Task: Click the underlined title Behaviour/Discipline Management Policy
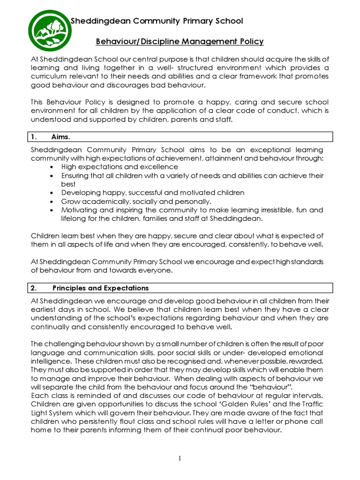[180, 42]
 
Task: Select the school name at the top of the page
[157, 21]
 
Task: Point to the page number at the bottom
[180, 458]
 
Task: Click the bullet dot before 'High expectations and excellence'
[51, 167]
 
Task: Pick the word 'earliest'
[45, 309]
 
